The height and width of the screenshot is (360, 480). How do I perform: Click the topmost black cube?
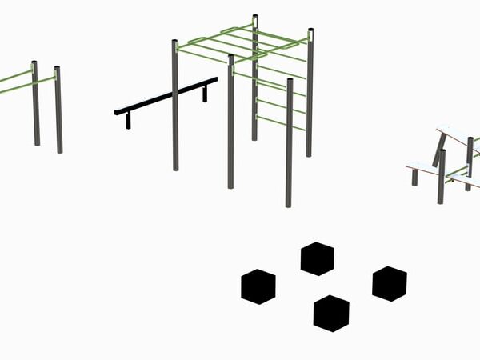[x=317, y=258]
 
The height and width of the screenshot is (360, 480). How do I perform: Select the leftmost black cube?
[x=258, y=286]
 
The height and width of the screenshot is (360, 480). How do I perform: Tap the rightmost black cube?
[x=389, y=283]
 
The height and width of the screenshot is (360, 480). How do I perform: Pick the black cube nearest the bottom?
[x=331, y=312]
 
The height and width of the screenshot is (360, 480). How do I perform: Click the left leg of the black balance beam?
[x=127, y=120]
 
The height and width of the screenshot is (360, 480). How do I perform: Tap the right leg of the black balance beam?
[x=205, y=94]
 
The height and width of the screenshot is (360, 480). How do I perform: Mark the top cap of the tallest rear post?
[x=255, y=17]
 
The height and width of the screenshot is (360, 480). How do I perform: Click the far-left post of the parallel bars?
[x=35, y=104]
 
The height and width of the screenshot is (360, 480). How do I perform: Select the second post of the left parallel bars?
[x=58, y=110]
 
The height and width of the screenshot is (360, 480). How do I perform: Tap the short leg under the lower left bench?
[x=414, y=177]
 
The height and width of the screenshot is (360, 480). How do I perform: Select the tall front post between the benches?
[x=441, y=176]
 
